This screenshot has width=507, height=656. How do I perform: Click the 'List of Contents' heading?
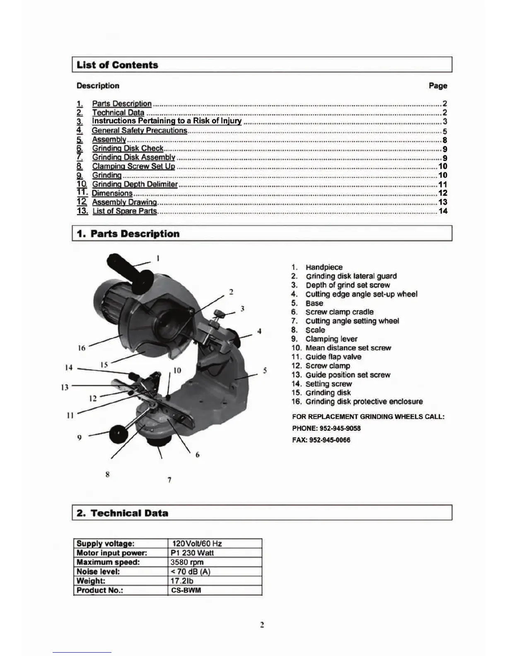tap(117, 65)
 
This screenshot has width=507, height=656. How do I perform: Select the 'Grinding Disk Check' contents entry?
tap(128, 148)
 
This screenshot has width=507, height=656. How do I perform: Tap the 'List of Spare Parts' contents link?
tap(125, 211)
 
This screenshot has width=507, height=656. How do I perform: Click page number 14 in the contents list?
tap(443, 211)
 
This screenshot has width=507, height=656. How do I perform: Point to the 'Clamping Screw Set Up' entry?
tap(133, 166)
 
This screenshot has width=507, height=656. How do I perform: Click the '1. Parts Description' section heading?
tap(128, 234)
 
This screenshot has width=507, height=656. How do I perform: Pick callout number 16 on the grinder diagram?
tap(82, 348)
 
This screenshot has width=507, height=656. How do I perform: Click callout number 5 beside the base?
tap(265, 370)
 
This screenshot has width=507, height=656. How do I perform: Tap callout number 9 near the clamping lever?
tap(79, 437)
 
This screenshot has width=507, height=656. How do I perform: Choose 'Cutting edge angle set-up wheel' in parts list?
tap(361, 294)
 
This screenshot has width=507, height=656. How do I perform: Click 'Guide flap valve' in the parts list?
tap(333, 357)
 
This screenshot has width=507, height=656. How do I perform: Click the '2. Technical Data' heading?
tap(123, 513)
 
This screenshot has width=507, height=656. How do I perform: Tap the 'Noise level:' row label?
tap(99, 572)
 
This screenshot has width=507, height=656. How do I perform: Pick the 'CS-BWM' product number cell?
tap(186, 590)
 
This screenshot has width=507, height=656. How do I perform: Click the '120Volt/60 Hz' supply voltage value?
tap(197, 543)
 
